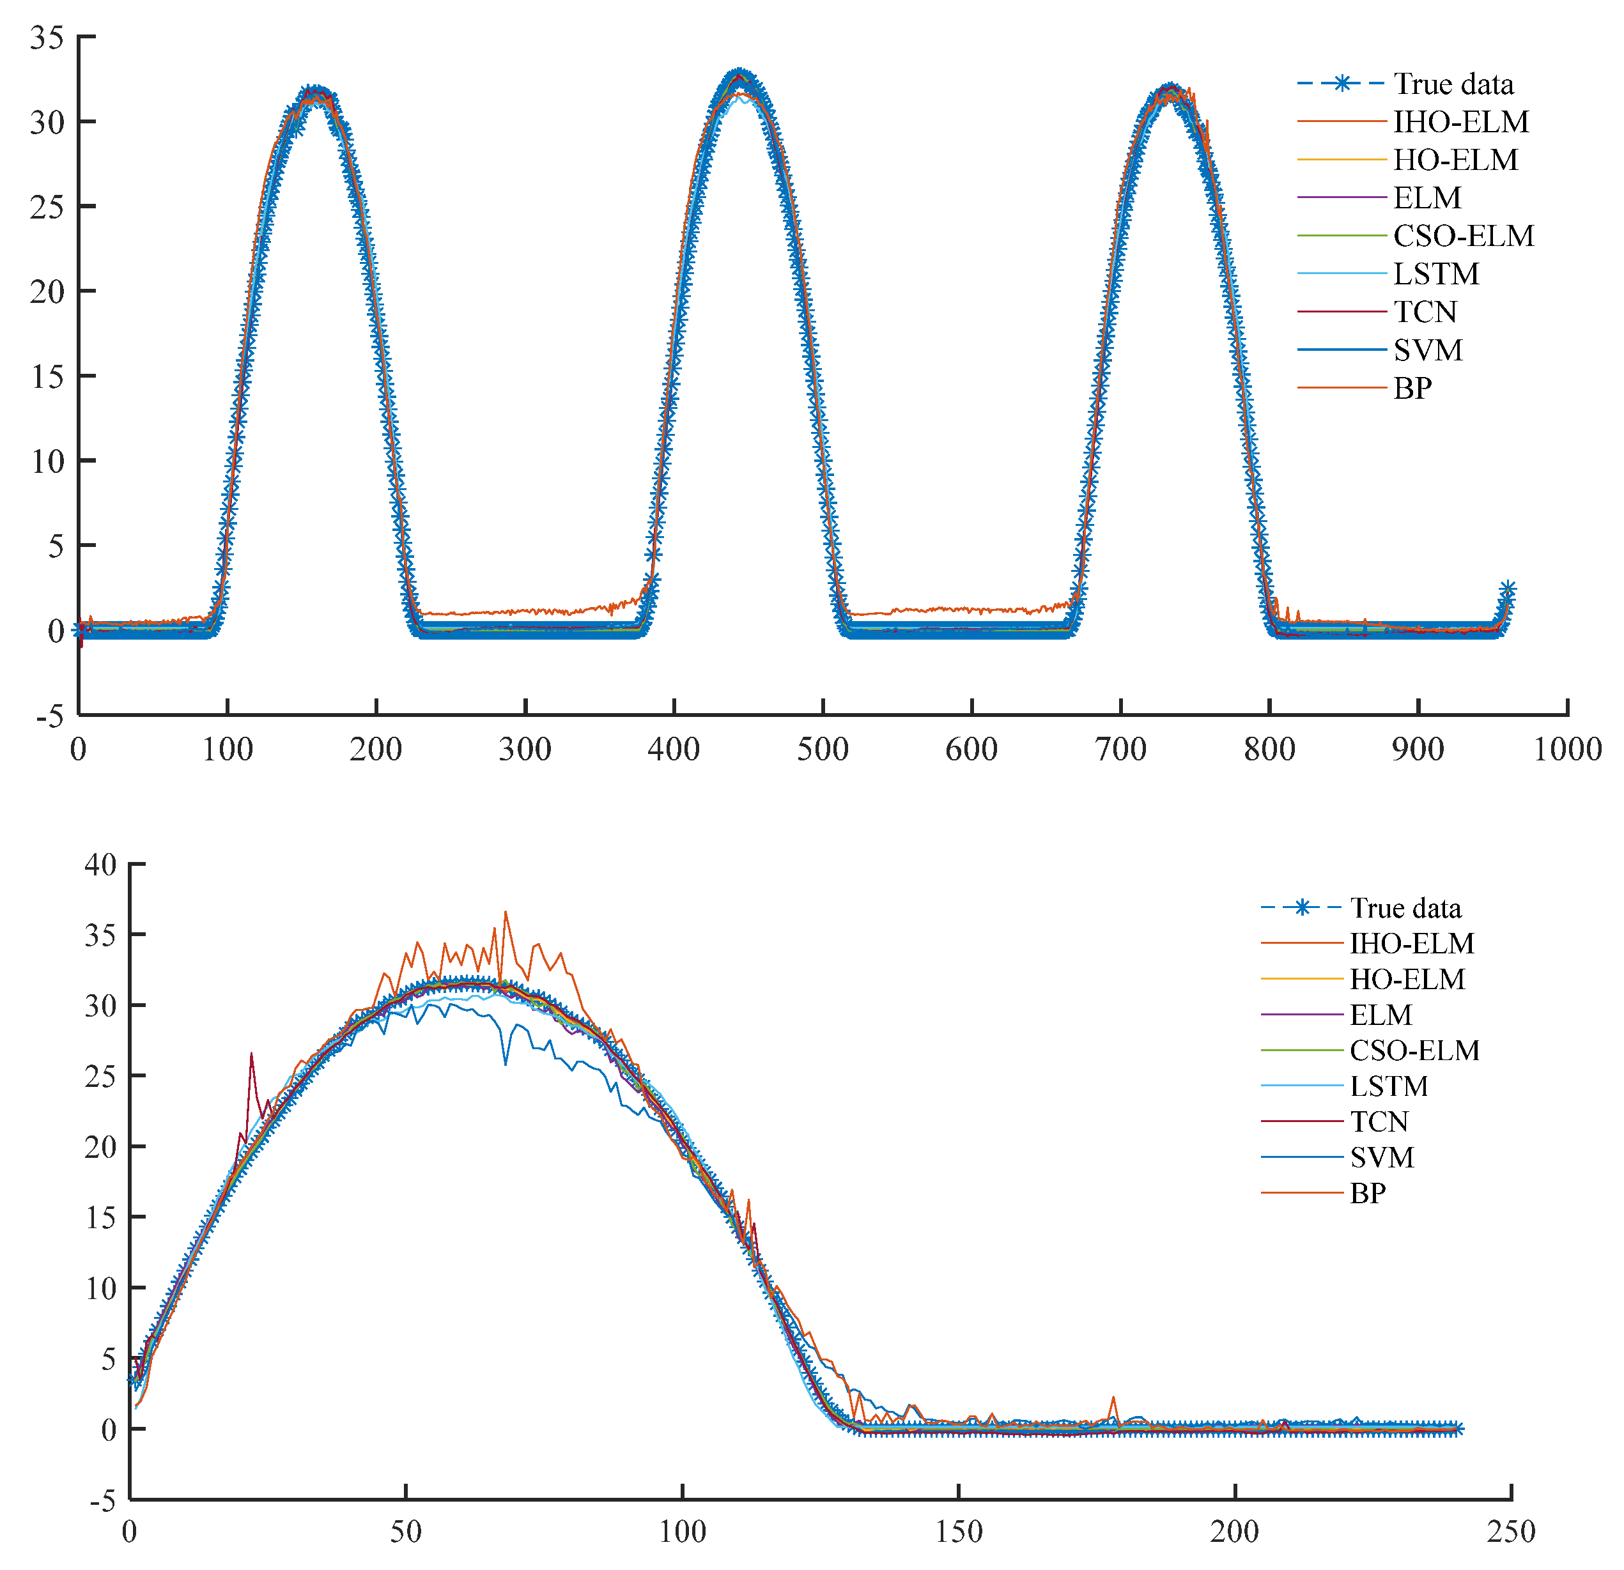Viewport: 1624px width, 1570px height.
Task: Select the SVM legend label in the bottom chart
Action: (1381, 1157)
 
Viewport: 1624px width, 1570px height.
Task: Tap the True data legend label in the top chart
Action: (1453, 84)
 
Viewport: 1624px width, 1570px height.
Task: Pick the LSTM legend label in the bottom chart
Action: (1389, 1086)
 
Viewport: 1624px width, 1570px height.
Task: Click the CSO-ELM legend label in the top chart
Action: (1463, 236)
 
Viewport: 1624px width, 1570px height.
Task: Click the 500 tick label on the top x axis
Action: (823, 750)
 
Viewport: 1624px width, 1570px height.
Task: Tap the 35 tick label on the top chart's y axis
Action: (47, 37)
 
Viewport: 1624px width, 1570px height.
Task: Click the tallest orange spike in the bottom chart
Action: (506, 912)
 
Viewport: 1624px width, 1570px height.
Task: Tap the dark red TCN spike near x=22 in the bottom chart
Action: (251, 1054)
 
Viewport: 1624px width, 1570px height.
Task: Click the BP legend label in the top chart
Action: (1412, 389)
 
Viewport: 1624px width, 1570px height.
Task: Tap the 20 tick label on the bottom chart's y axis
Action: (101, 1146)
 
